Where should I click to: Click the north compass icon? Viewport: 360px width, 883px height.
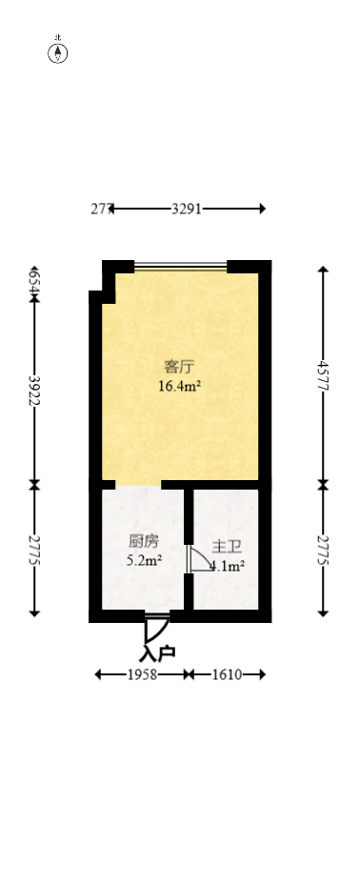point(58,51)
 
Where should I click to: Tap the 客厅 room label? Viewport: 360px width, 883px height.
point(179,367)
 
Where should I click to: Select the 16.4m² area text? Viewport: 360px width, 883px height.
point(179,386)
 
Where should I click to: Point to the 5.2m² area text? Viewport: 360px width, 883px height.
point(144,560)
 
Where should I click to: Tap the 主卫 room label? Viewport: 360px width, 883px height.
point(226,547)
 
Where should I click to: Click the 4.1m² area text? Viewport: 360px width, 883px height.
point(229,566)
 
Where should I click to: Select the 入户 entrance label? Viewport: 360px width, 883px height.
point(157,654)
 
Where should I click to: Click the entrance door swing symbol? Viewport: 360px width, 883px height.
point(155,628)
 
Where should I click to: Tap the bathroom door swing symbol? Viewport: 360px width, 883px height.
point(200,560)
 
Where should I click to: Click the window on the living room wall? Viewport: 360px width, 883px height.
point(180,266)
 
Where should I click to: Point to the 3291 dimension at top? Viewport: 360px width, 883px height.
point(186,209)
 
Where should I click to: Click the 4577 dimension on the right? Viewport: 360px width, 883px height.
point(324,376)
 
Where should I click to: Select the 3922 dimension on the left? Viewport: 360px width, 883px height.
point(35,391)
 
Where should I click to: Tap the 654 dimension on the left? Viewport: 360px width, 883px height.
point(34,281)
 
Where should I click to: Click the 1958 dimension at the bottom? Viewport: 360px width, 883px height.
point(141,674)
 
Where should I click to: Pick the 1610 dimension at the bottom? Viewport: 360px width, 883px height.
point(226,674)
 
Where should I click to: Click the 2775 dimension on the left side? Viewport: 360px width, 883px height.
point(35,551)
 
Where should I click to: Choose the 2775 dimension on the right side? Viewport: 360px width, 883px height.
point(324,551)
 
